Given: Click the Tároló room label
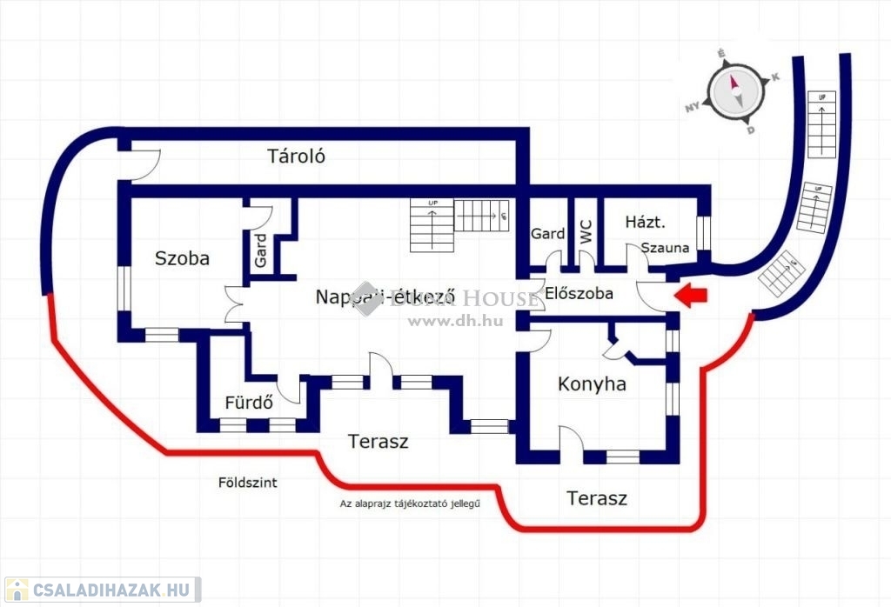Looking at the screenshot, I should click(296, 157).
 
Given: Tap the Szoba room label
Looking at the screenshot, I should click(182, 257).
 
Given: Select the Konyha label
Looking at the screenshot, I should click(592, 384).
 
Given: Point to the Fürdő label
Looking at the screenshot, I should click(250, 403).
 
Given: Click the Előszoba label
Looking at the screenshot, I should click(579, 294).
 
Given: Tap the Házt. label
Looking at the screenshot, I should click(645, 223).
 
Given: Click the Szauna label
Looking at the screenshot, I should click(666, 248).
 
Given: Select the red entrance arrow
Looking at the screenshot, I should click(693, 297).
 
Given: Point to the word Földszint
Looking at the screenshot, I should click(249, 483).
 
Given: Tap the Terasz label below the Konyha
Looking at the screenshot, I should click(597, 499).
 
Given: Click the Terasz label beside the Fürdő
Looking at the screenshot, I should click(379, 442).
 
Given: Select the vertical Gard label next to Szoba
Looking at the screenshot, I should click(261, 251).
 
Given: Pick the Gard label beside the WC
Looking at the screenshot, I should click(547, 234).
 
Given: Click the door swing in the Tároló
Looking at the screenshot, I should click(146, 165).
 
